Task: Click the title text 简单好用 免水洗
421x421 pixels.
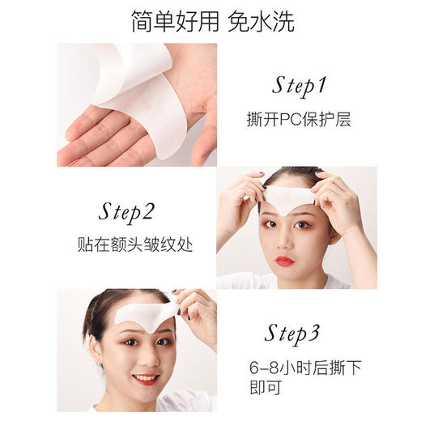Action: (x=210, y=22)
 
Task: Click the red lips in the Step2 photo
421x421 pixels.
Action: (x=284, y=262)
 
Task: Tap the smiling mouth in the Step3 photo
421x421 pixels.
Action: (x=146, y=377)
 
